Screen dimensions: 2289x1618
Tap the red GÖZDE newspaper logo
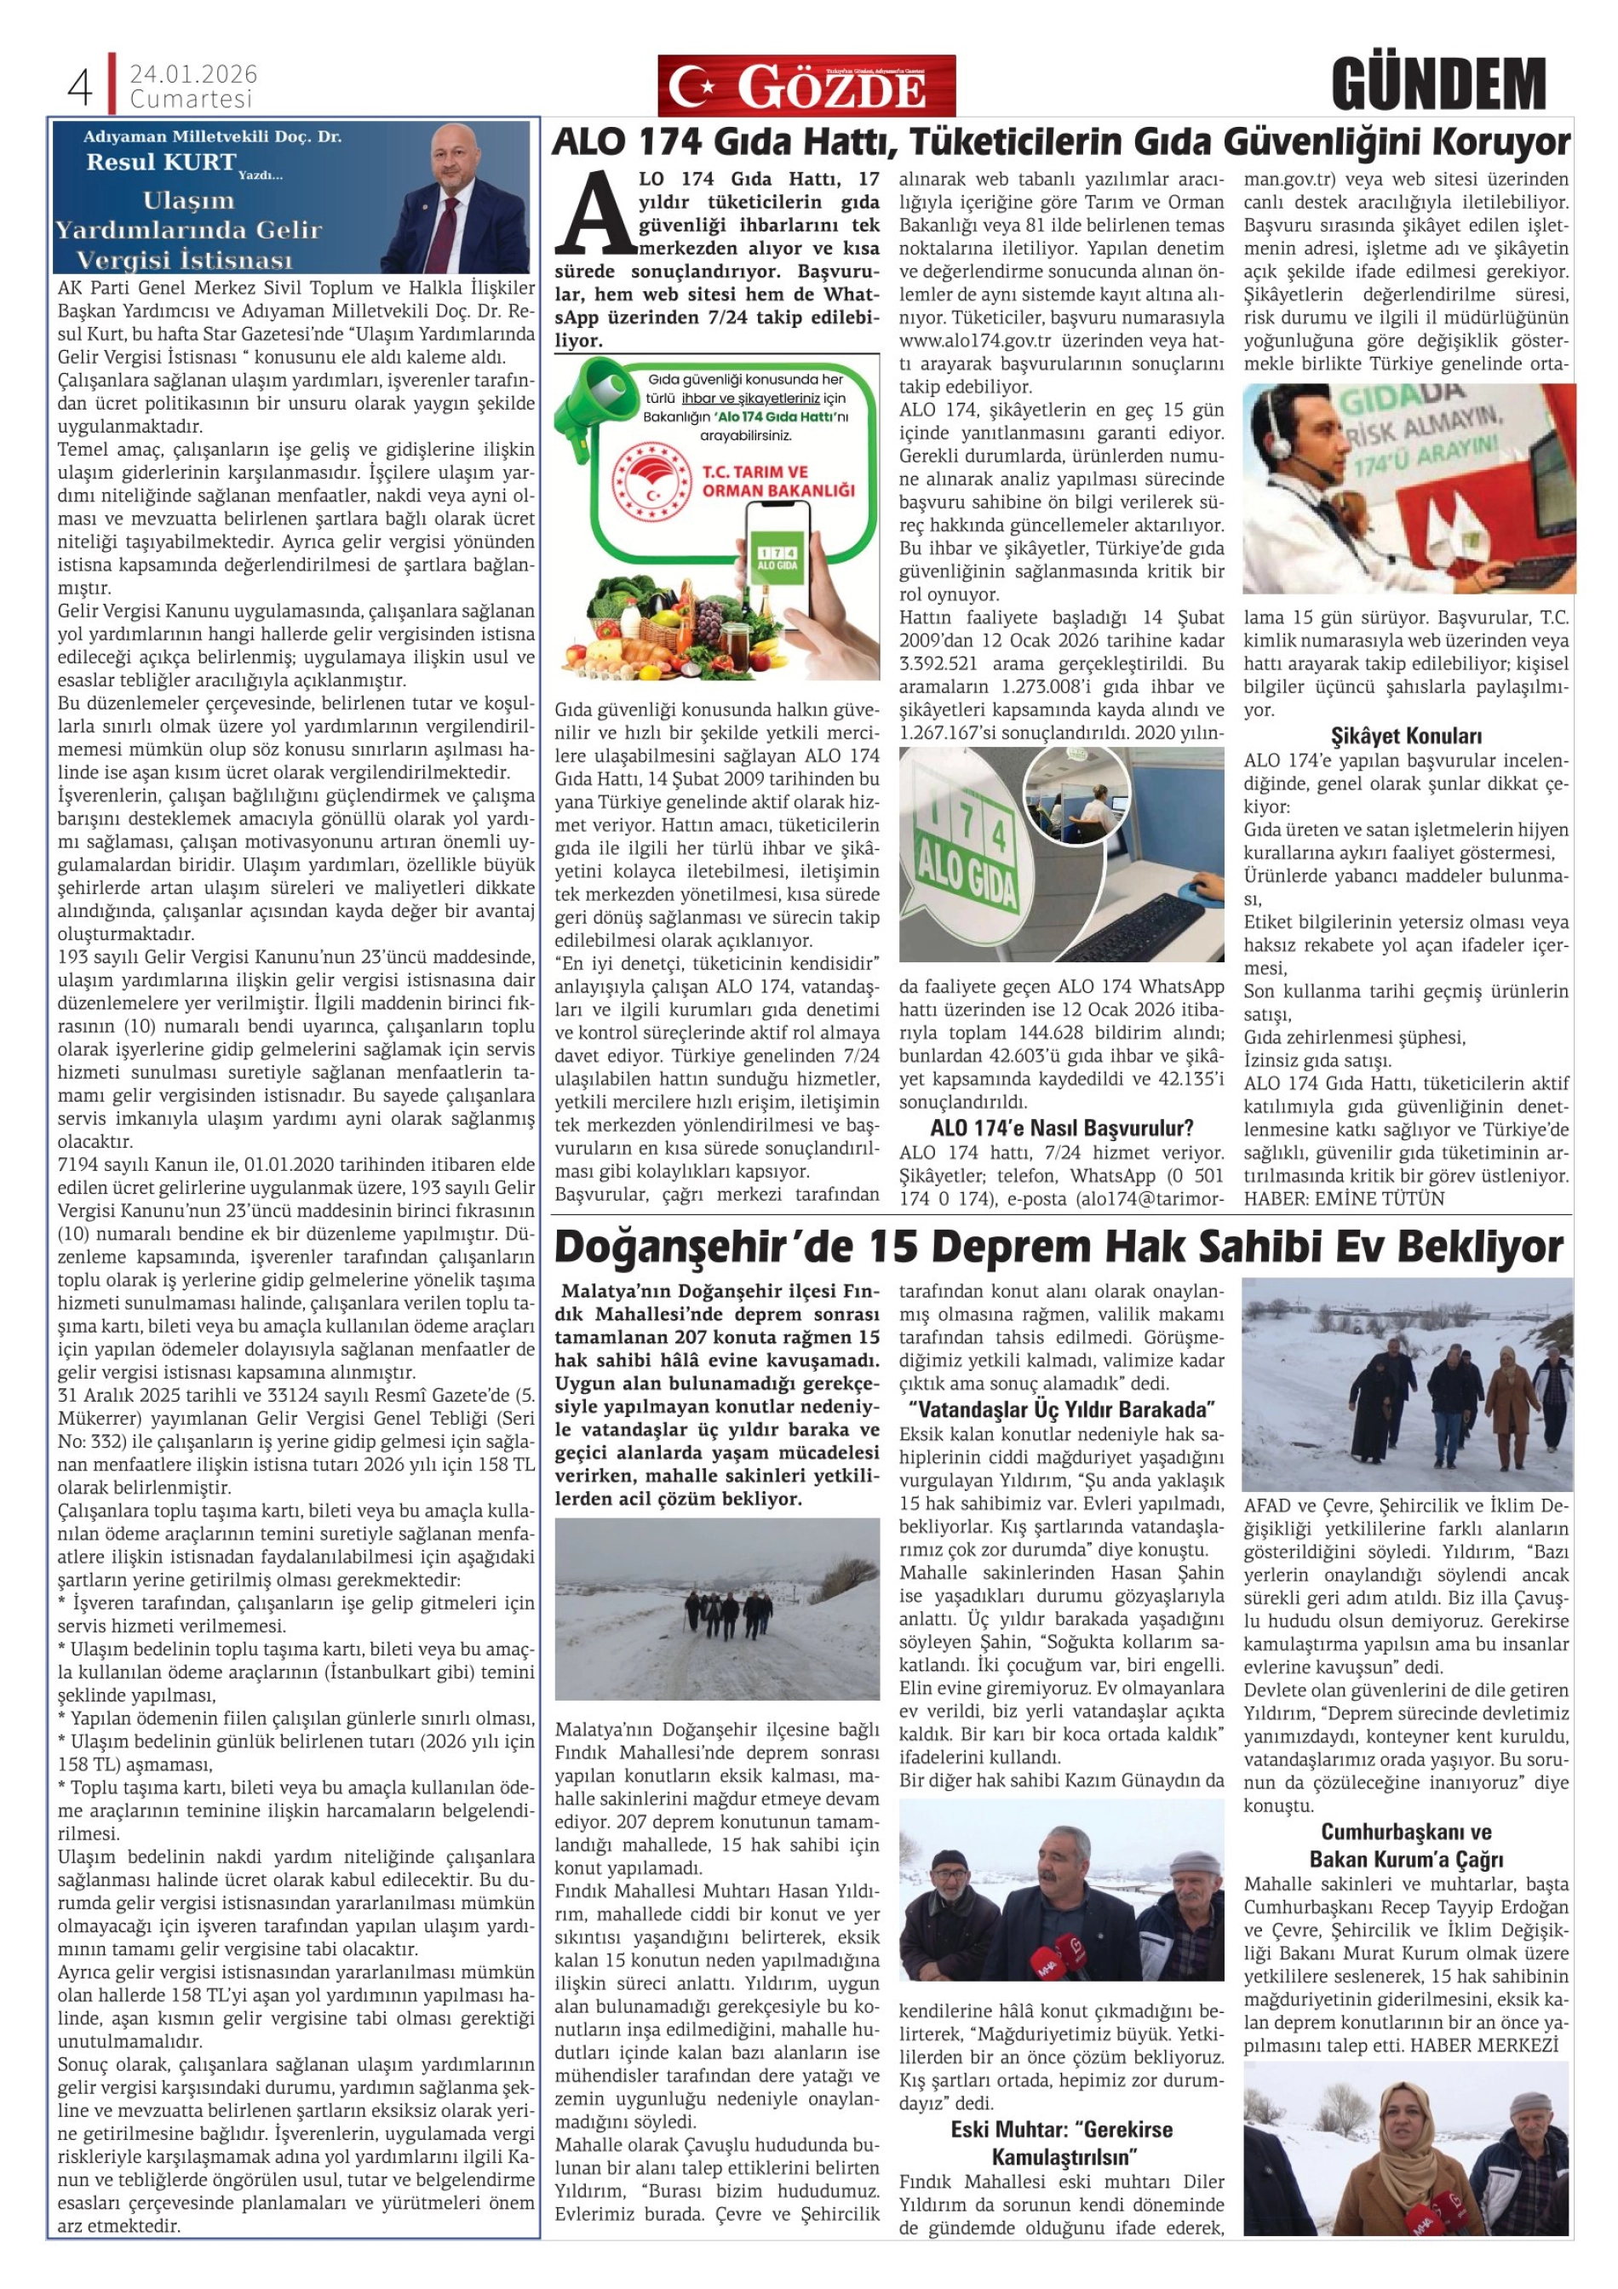[x=806, y=87]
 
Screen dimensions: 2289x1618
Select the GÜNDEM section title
[x=1437, y=85]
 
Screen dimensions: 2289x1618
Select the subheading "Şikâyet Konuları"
[x=1406, y=737]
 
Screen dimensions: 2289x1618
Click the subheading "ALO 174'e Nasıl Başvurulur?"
[x=1061, y=1128]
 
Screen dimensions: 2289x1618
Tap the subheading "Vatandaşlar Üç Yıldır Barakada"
[x=1062, y=1409]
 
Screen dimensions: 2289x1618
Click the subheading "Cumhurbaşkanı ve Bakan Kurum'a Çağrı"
[x=1406, y=1845]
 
